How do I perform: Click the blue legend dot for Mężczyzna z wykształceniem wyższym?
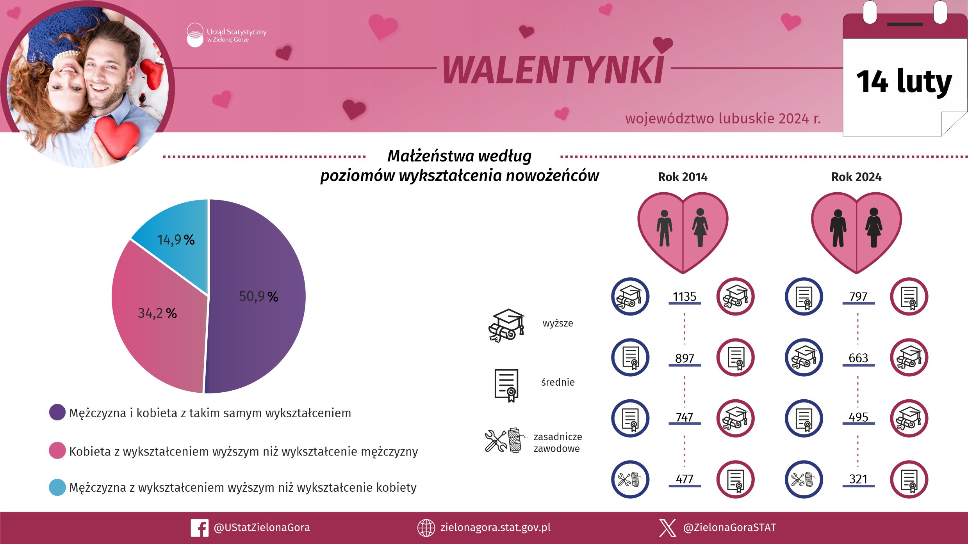57,487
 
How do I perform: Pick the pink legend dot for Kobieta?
57,451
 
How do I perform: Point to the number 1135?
684,297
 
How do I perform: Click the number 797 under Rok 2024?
858,297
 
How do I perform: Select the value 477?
684,479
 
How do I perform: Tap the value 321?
858,479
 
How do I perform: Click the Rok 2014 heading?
683,177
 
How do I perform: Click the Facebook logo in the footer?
200,528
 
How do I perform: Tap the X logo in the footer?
667,528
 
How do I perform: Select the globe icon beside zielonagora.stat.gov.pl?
426,528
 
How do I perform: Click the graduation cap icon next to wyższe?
506,326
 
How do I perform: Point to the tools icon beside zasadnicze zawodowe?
504,441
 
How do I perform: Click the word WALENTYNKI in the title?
553,70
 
